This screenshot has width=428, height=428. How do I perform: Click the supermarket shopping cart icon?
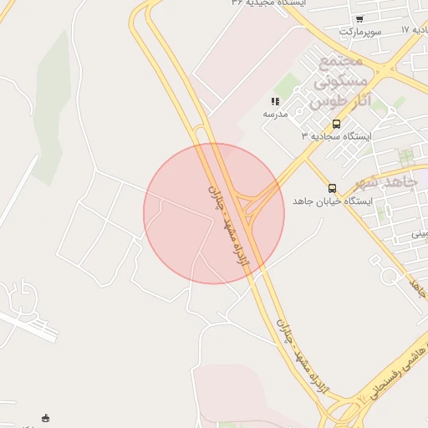(x=359, y=18)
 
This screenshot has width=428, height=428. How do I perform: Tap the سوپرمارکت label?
(x=360, y=32)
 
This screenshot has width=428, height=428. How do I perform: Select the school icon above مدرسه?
(x=276, y=101)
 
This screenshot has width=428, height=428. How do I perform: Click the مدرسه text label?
(x=276, y=114)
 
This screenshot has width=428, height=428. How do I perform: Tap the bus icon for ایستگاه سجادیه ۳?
(x=336, y=124)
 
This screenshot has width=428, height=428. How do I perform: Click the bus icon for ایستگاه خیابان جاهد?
(x=333, y=188)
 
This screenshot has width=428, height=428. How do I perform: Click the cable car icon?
(x=46, y=418)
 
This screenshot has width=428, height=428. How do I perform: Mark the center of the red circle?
(x=214, y=214)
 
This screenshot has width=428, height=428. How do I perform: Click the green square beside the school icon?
(x=288, y=84)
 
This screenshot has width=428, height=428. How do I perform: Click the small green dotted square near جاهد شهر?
(x=406, y=156)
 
